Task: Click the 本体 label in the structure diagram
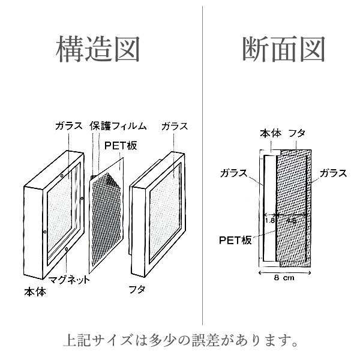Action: coord(34,292)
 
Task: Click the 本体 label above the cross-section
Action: coord(269,133)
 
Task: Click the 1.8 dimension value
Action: coord(270,220)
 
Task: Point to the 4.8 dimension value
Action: coord(291,220)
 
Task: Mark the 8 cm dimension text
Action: coord(284,278)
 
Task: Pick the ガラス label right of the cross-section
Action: coord(333,173)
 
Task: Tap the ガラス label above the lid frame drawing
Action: coord(175,127)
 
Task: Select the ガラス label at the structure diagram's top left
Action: coord(69,127)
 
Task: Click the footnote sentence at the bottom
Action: coord(180,344)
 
